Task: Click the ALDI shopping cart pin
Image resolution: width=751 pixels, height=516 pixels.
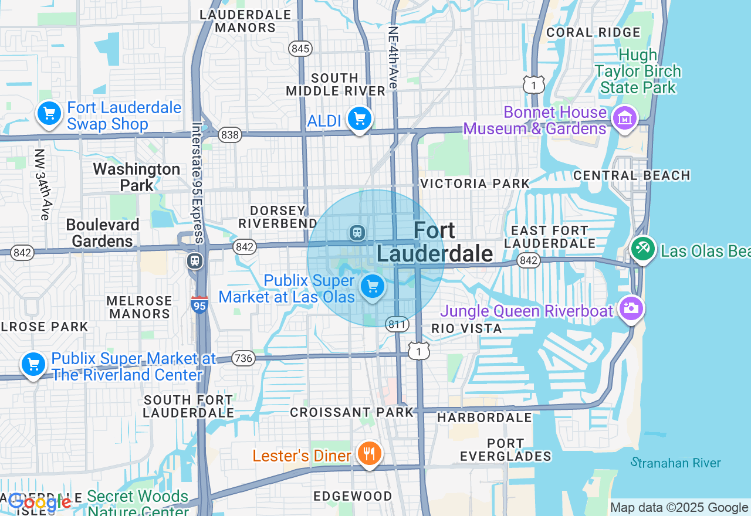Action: (x=359, y=119)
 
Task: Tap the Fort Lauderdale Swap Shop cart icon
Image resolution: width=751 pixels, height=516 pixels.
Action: (x=49, y=113)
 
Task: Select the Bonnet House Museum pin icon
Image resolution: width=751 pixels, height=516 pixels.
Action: (x=624, y=118)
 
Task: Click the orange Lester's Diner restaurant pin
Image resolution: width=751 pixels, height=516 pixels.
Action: (x=369, y=453)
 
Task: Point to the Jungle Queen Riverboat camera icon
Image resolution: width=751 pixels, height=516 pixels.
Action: (x=631, y=308)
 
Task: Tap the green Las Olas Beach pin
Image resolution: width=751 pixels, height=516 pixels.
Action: (x=643, y=249)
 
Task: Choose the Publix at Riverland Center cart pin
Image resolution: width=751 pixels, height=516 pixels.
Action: (x=33, y=364)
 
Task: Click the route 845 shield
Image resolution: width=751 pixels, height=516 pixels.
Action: (x=300, y=49)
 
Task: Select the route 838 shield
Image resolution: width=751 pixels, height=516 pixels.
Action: (x=230, y=135)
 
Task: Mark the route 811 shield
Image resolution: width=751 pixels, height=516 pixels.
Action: (x=397, y=324)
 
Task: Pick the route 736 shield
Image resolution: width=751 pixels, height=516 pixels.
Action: (x=243, y=358)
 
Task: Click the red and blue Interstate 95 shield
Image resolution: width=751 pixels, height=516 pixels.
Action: (x=199, y=304)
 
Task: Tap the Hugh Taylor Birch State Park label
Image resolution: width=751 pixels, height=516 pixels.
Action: (x=637, y=72)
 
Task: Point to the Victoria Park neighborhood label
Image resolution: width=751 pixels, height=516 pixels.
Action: (x=475, y=184)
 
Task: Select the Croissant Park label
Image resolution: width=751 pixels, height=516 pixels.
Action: (x=352, y=412)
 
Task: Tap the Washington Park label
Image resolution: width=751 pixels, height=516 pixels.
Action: (x=137, y=177)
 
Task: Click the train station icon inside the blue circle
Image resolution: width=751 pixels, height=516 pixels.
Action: (x=357, y=233)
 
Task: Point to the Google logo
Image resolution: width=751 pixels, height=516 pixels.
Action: (x=40, y=503)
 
